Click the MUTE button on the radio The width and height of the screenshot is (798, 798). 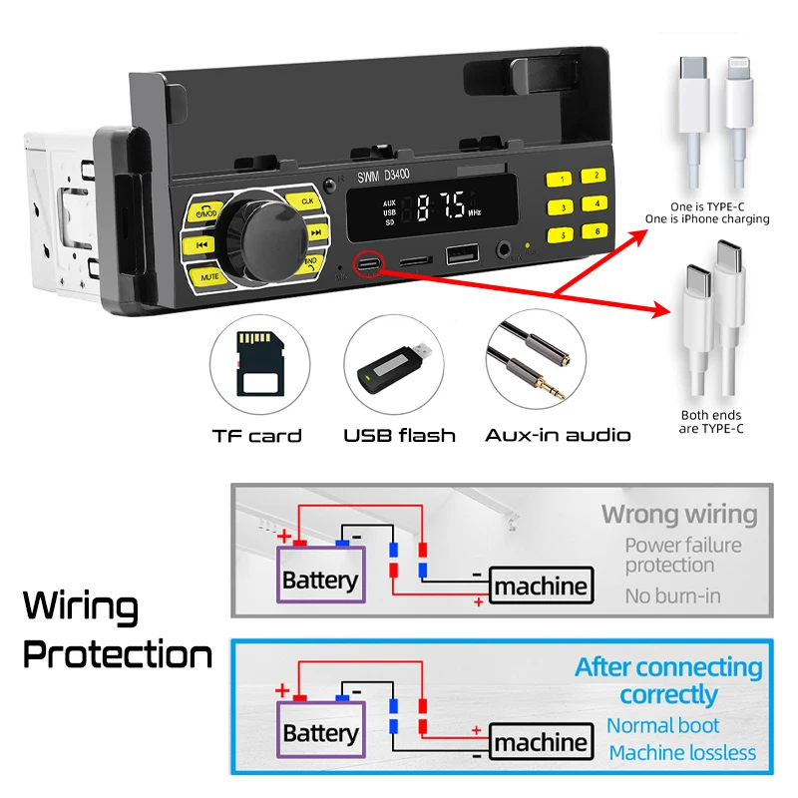(209, 275)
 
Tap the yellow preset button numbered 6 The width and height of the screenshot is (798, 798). (598, 231)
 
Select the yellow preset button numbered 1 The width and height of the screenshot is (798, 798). (564, 179)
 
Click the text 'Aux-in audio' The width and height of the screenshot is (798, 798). (558, 435)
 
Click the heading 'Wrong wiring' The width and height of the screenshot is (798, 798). (678, 515)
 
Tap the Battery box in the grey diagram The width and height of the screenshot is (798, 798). (319, 579)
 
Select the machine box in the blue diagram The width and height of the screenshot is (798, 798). (541, 743)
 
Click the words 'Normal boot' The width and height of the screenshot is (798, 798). (662, 725)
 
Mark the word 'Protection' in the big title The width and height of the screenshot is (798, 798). (118, 655)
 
